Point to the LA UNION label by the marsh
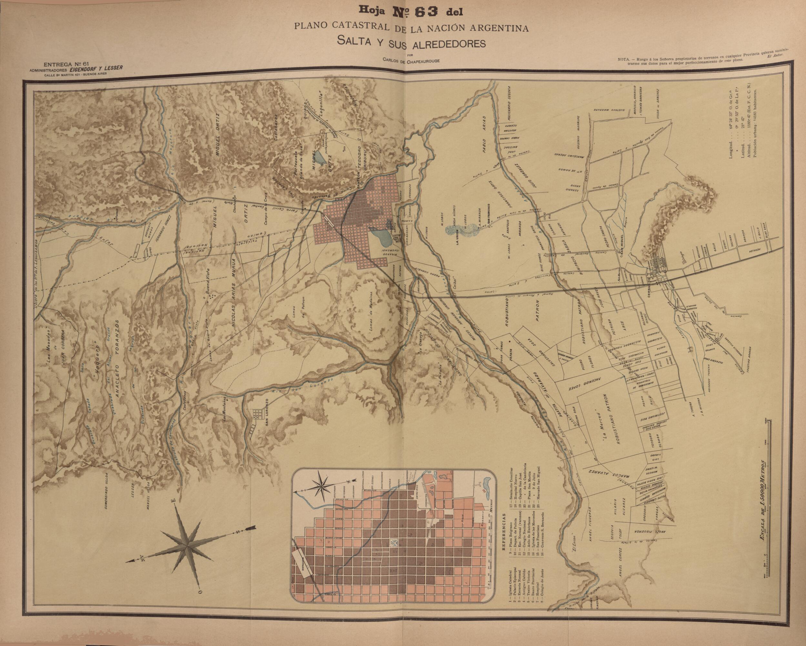point(457,236)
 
